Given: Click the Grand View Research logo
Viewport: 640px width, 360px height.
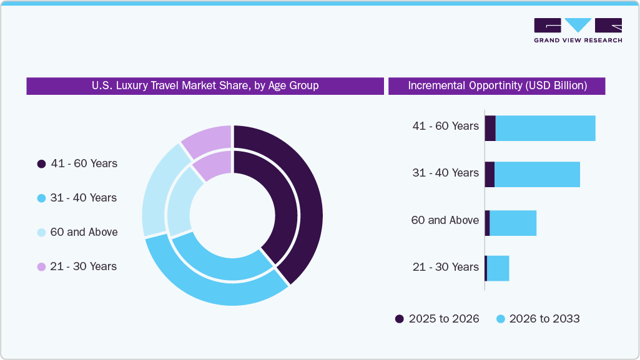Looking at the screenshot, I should [x=578, y=30].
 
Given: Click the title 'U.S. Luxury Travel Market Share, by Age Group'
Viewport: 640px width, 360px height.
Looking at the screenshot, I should [x=205, y=86].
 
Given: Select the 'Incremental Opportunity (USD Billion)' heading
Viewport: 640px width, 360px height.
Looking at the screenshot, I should [x=497, y=86].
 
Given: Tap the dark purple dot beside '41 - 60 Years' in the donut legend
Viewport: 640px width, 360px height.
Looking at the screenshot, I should [x=41, y=164].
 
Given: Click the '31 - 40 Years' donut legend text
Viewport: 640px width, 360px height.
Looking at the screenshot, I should [x=83, y=198].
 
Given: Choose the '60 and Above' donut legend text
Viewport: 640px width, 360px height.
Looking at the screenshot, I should [x=84, y=232].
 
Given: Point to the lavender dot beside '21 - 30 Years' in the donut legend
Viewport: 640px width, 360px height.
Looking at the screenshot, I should [x=41, y=267].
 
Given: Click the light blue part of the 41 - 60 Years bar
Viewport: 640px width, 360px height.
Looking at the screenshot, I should [x=545, y=128].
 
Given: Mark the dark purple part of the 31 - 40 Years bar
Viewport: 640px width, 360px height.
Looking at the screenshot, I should [x=490, y=174].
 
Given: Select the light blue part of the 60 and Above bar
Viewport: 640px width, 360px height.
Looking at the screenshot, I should [x=513, y=223].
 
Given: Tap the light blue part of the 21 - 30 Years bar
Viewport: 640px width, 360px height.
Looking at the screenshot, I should [x=498, y=268].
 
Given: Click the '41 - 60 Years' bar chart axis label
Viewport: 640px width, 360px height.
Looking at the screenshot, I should [x=445, y=126].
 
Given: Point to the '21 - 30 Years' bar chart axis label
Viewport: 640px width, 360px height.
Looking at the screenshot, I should [x=445, y=267].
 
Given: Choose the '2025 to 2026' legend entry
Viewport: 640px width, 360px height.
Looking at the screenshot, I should [x=437, y=319].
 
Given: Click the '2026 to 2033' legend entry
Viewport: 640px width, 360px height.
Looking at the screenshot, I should [x=538, y=319].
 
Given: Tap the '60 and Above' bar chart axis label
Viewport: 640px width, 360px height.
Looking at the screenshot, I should [x=445, y=220].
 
